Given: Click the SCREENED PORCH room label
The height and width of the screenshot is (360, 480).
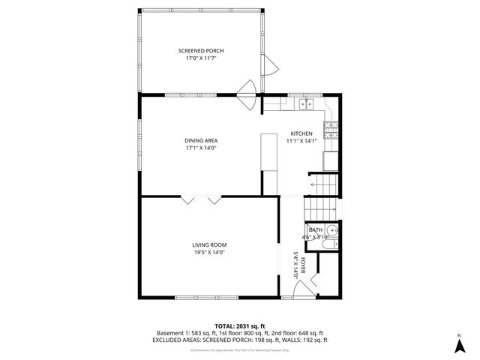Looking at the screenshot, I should (200, 50).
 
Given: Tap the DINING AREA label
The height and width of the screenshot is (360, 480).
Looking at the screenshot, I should (200, 140).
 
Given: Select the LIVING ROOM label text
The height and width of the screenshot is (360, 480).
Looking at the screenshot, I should (208, 244).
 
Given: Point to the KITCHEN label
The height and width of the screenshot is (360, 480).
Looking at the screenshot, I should (301, 133).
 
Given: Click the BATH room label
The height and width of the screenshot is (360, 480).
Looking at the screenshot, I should (315, 229).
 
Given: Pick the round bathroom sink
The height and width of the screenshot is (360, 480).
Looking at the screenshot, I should (333, 229).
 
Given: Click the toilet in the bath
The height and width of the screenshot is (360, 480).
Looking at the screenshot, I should (334, 241).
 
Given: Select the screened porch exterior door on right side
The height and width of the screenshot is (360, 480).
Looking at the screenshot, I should (270, 67).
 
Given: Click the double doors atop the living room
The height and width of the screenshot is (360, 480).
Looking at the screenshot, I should (200, 199).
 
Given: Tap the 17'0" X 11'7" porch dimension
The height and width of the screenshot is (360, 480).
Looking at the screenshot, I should (200, 58).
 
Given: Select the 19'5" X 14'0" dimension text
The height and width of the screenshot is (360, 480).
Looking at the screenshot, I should (208, 252).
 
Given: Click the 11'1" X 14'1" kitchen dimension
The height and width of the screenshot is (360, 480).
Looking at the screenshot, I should (301, 141).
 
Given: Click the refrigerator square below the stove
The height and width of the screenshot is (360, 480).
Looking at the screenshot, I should (330, 160).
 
